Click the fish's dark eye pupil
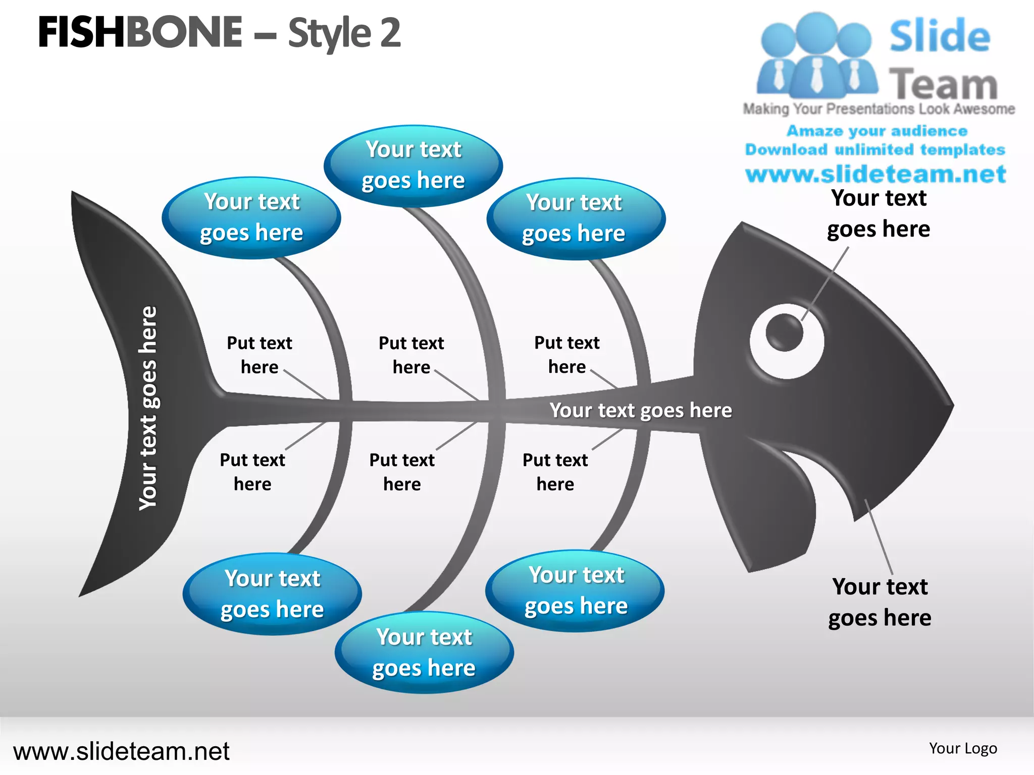tap(784, 332)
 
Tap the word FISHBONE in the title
tap(140, 33)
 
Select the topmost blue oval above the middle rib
tap(413, 165)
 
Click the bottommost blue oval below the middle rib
tap(424, 652)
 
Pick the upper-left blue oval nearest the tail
tap(251, 217)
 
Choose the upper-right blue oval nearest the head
tap(576, 218)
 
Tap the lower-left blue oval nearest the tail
tap(272, 594)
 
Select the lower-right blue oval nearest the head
tap(575, 590)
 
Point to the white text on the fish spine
tap(640, 411)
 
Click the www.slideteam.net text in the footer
tap(121, 751)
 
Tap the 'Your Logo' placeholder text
tap(963, 748)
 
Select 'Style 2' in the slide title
tap(344, 33)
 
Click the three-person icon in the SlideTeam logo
tap(816, 56)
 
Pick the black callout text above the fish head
tap(878, 213)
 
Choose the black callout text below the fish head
tap(880, 602)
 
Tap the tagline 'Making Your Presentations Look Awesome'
tap(878, 109)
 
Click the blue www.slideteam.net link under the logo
tap(876, 174)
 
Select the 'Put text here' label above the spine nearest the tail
tap(260, 355)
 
